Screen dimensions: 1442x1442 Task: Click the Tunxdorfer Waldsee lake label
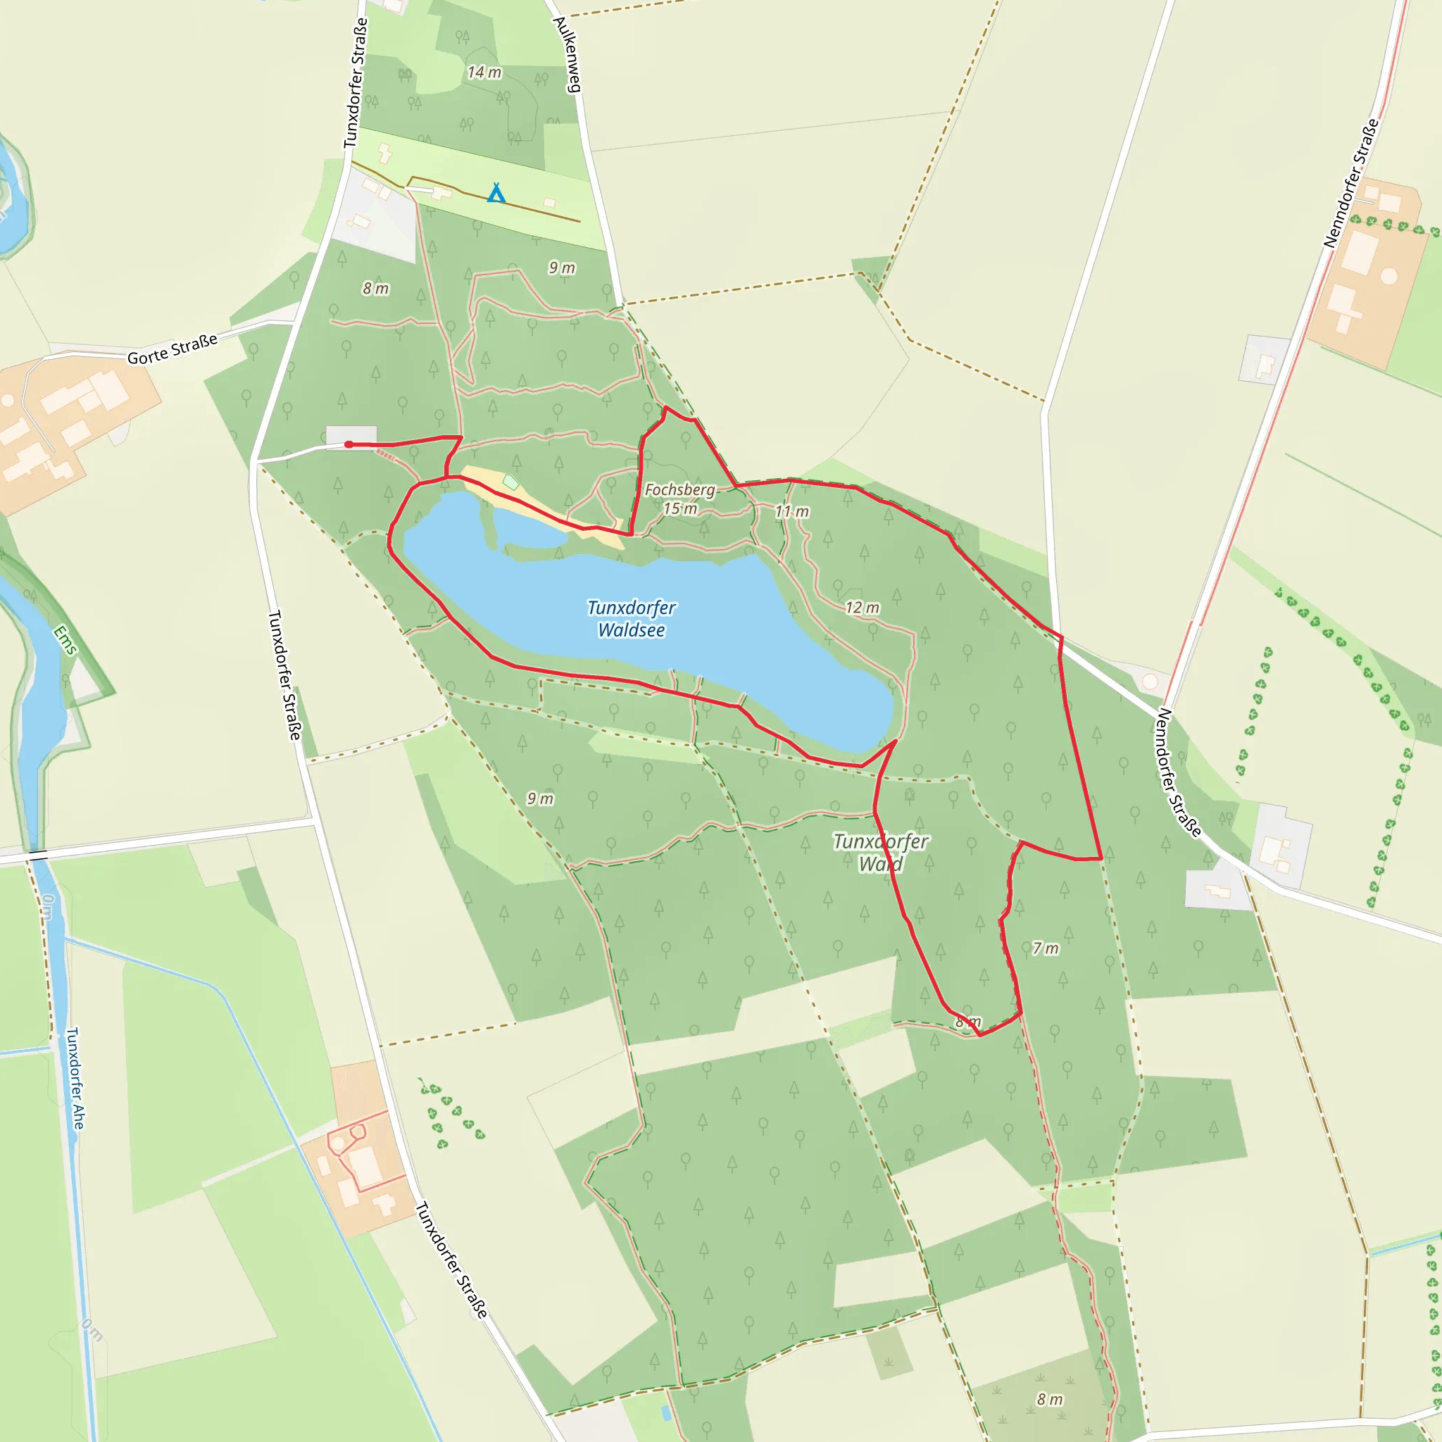631,619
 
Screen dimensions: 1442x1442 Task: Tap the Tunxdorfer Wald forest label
880,853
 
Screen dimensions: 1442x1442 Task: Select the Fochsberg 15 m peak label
679,499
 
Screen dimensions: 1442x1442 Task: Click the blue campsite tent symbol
496,194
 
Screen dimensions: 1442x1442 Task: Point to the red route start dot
349,445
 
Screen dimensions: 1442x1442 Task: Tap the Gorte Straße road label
173,349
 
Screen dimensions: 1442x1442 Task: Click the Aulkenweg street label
568,54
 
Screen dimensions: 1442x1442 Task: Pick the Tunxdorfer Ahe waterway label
75,1078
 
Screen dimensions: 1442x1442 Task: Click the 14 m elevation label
484,73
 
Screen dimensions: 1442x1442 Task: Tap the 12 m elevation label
862,608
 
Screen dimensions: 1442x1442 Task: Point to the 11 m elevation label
792,511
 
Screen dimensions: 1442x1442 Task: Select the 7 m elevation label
1045,948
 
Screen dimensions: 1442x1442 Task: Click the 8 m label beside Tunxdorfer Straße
375,288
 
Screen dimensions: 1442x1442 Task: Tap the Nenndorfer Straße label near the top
1350,184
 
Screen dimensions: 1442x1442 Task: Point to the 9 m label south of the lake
540,798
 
